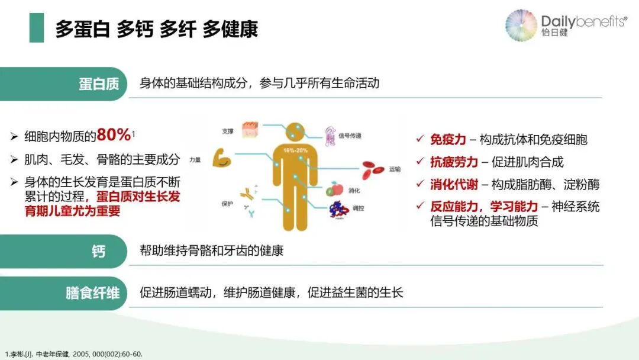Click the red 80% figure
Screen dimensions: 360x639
pos(114,135)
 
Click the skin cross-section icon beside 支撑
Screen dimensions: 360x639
pos(249,130)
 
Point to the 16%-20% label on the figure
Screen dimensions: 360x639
pos(293,149)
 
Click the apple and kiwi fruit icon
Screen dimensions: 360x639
pos(335,189)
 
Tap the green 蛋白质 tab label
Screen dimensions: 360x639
pos(99,83)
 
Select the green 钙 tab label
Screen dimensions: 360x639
pos(98,252)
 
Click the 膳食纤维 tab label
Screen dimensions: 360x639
pos(92,293)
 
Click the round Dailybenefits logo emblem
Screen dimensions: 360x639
pos(521,25)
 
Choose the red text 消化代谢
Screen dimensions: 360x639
pos(454,184)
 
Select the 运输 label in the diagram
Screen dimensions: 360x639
pos(395,169)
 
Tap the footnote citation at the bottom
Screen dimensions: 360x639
pos(74,354)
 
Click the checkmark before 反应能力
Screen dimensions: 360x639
pos(420,206)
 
